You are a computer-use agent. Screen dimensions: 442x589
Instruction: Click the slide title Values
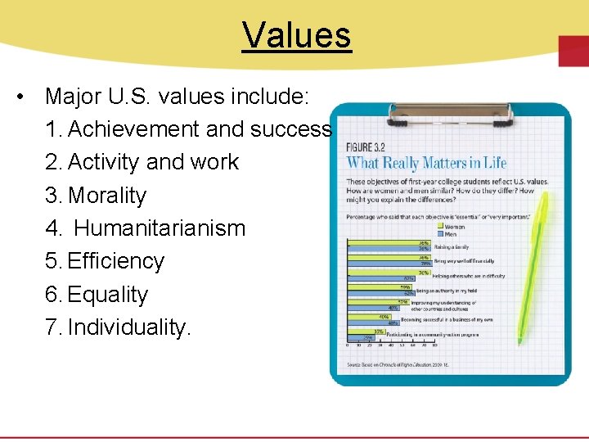click(296, 35)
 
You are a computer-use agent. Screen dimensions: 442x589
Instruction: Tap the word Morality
click(107, 196)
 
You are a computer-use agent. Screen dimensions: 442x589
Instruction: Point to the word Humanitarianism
click(160, 228)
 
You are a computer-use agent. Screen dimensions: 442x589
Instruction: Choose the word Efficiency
click(116, 261)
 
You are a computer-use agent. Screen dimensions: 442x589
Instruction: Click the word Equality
click(108, 295)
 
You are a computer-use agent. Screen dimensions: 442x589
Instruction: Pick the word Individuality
click(129, 327)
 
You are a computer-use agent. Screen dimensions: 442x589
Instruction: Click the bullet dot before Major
click(19, 97)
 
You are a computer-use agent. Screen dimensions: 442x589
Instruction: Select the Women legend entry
click(453, 227)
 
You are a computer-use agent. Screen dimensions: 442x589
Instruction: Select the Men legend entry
click(450, 234)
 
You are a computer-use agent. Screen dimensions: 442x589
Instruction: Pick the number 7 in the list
click(52, 327)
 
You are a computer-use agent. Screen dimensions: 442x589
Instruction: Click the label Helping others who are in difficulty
click(469, 276)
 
